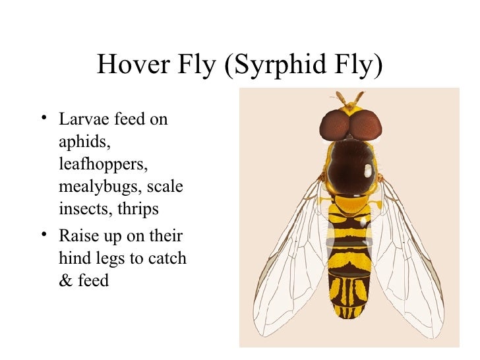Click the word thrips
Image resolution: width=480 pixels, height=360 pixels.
[x=136, y=209]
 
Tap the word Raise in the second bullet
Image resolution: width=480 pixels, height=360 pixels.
[x=78, y=236]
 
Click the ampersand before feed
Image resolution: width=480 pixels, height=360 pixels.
[x=65, y=281]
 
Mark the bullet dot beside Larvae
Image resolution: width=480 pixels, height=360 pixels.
[x=43, y=119]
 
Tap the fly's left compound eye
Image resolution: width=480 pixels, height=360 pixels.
[x=335, y=124]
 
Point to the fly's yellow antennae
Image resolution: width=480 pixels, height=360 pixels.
[x=349, y=98]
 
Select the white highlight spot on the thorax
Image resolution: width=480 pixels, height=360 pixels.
[x=367, y=171]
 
